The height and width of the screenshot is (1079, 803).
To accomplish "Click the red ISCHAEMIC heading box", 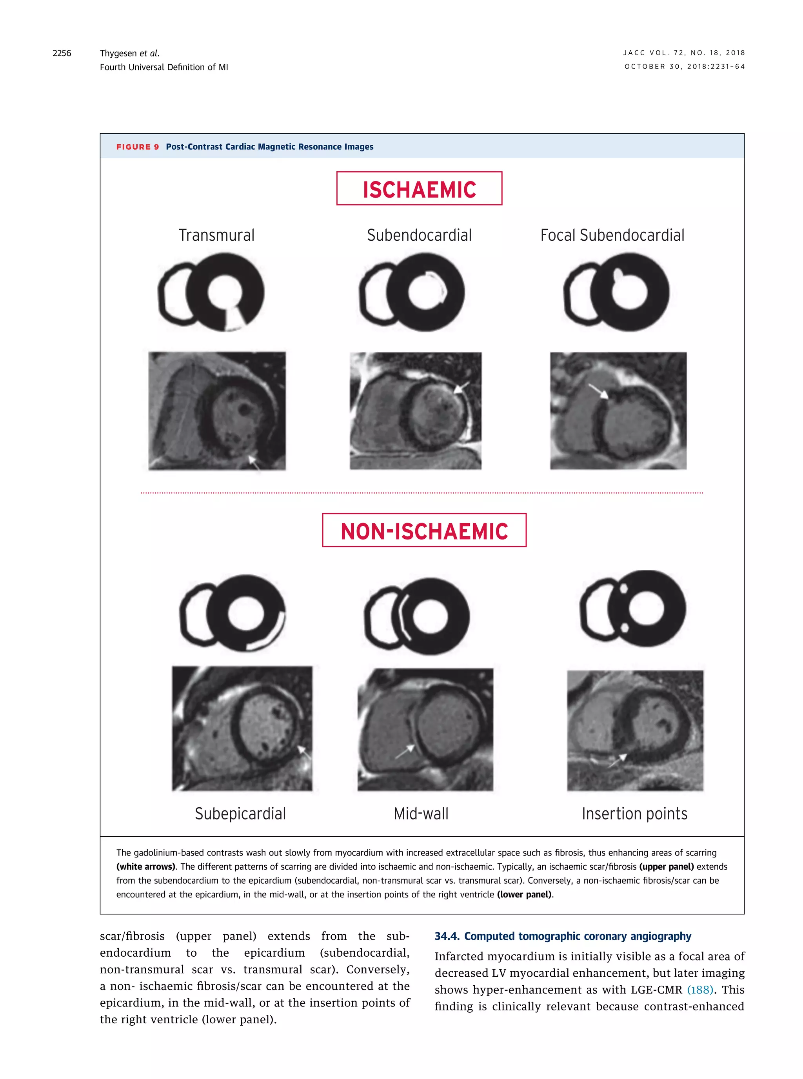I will tap(419, 189).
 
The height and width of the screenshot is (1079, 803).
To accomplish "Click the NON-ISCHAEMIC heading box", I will tap(424, 530).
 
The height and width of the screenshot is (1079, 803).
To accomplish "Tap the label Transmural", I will tap(216, 235).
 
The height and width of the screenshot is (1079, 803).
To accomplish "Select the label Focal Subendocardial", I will tap(612, 235).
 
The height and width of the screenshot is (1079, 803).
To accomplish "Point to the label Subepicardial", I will tap(240, 814).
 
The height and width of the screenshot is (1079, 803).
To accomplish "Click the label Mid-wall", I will tap(421, 814).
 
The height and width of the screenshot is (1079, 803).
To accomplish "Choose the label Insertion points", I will tap(634, 814).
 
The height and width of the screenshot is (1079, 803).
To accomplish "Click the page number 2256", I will tap(62, 53).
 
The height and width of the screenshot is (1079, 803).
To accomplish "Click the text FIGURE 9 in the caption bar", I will tap(138, 147).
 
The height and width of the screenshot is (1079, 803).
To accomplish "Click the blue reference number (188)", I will tap(699, 990).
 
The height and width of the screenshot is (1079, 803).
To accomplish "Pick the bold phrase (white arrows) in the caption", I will tap(145, 866).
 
